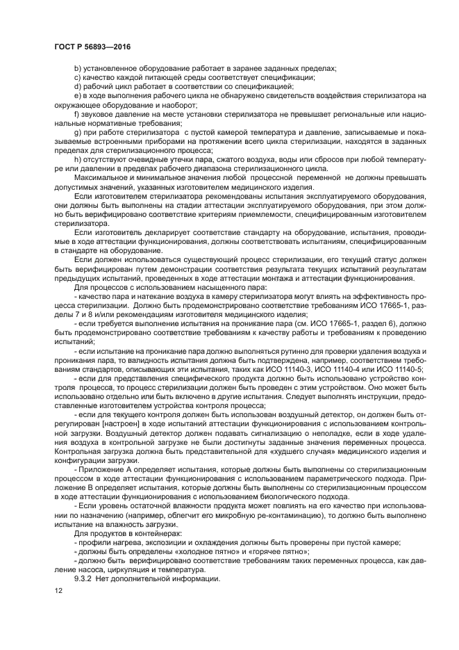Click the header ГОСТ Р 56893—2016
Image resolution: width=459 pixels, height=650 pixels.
tap(92, 47)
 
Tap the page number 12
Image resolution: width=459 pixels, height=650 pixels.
tap(58, 590)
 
